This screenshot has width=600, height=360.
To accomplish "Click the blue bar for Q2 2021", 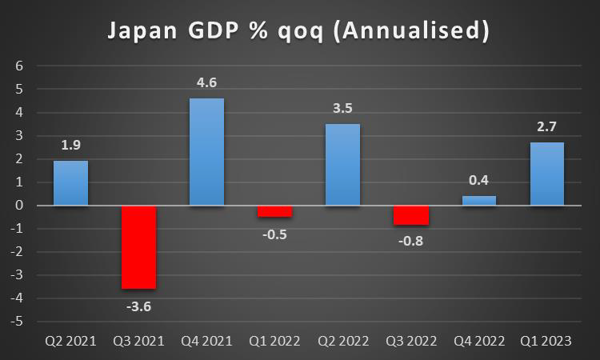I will pyautogui.click(x=71, y=183).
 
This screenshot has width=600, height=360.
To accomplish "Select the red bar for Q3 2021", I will pyautogui.click(x=139, y=246).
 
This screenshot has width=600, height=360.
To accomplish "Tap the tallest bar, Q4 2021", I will pyautogui.click(x=207, y=152).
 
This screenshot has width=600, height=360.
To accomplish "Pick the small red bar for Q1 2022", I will pyautogui.click(x=274, y=211).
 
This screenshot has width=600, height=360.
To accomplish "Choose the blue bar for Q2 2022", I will pyautogui.click(x=342, y=165).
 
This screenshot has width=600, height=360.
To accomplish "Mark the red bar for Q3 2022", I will pyautogui.click(x=410, y=215).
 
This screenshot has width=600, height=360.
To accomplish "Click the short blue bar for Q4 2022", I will pyautogui.click(x=478, y=201).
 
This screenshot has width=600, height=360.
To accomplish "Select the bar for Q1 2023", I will pyautogui.click(x=546, y=174).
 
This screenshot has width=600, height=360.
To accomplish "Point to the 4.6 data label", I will pyautogui.click(x=207, y=82).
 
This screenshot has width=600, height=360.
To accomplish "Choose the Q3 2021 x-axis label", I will pyautogui.click(x=139, y=341).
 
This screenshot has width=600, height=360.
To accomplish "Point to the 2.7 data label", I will pyautogui.click(x=546, y=126).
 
